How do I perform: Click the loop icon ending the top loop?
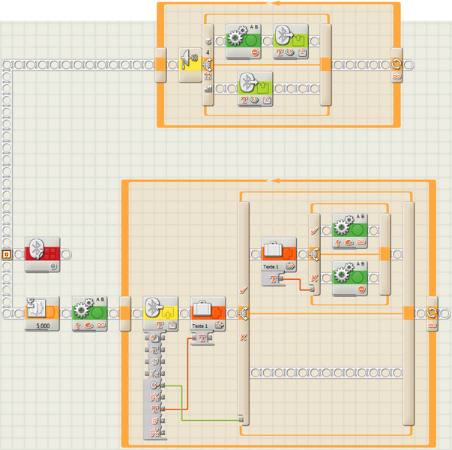click(x=397, y=64)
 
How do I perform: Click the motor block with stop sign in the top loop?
click(x=243, y=40)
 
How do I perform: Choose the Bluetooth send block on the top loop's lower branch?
click(x=255, y=88)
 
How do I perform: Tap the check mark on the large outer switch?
click(x=242, y=289)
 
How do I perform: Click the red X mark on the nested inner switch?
click(x=315, y=277)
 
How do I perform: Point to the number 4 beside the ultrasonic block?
click(x=207, y=52)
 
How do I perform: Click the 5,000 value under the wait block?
click(x=42, y=326)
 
